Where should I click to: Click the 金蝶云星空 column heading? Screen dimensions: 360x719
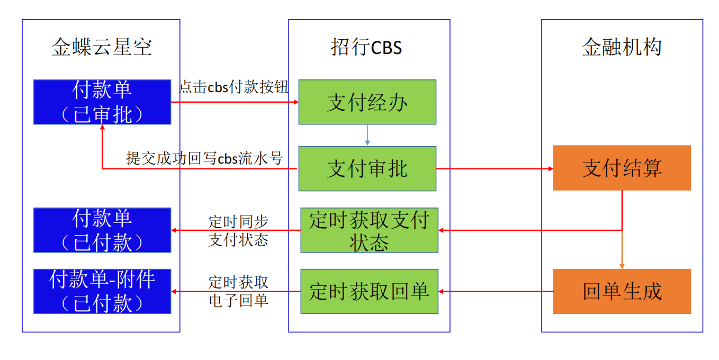tap(102, 48)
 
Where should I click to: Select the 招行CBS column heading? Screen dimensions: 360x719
tap(366, 48)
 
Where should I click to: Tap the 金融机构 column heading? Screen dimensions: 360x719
tap(622, 48)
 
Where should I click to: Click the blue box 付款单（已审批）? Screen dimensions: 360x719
tap(102, 102)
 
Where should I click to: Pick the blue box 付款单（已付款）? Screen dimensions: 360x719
tap(102, 230)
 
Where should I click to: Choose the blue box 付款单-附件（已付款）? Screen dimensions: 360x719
tap(102, 291)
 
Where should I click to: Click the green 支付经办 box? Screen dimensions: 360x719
tap(367, 102)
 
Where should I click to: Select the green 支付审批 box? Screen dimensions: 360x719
tap(367, 169)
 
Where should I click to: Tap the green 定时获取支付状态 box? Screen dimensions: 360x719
tap(370, 230)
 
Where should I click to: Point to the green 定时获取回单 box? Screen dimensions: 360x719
tap(370, 291)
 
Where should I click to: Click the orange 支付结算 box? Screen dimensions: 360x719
tap(622, 168)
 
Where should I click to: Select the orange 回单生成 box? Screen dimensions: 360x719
tap(622, 291)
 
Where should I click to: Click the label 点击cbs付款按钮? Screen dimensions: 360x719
tap(233, 87)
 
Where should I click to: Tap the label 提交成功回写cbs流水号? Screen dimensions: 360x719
tap(204, 158)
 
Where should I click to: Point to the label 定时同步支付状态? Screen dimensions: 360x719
tap(238, 230)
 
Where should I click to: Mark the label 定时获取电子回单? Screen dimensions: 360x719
tap(238, 291)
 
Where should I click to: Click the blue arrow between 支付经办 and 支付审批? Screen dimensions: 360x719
tap(367, 136)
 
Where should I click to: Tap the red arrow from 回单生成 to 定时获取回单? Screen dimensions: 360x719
tap(496, 291)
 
